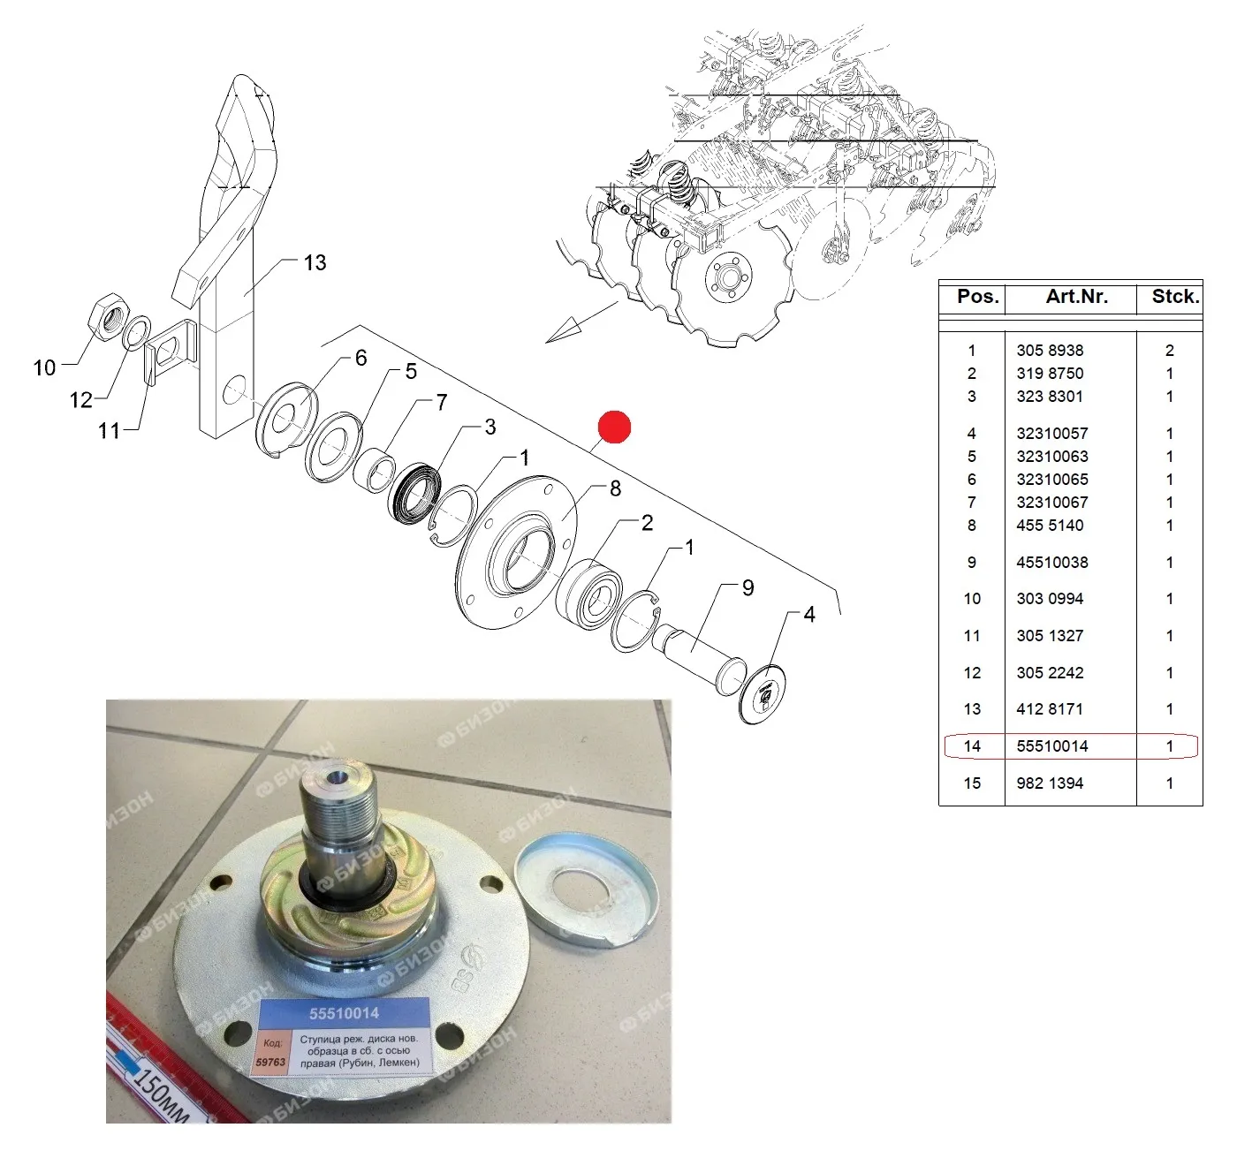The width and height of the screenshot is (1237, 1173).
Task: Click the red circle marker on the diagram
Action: [613, 427]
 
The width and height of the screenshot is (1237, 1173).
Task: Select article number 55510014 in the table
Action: [1051, 746]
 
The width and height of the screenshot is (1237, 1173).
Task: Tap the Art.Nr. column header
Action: [1076, 296]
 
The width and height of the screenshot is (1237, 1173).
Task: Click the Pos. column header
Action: [978, 296]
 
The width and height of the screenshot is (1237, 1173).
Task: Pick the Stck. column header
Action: [1175, 296]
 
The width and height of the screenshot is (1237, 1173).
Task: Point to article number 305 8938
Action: [1050, 351]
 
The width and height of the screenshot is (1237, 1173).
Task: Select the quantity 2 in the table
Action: [1169, 351]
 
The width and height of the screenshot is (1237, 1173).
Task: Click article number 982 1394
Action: [1050, 783]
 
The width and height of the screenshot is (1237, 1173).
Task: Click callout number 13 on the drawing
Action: [315, 262]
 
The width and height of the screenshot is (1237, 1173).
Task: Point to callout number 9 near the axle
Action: [748, 587]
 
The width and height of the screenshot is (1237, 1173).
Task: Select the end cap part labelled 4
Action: [762, 693]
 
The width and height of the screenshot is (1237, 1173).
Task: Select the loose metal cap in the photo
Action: [586, 889]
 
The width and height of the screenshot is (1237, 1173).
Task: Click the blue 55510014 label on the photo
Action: [344, 1013]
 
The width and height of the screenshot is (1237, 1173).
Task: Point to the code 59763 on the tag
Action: [270, 1063]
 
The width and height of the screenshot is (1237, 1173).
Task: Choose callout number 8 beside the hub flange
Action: [615, 488]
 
